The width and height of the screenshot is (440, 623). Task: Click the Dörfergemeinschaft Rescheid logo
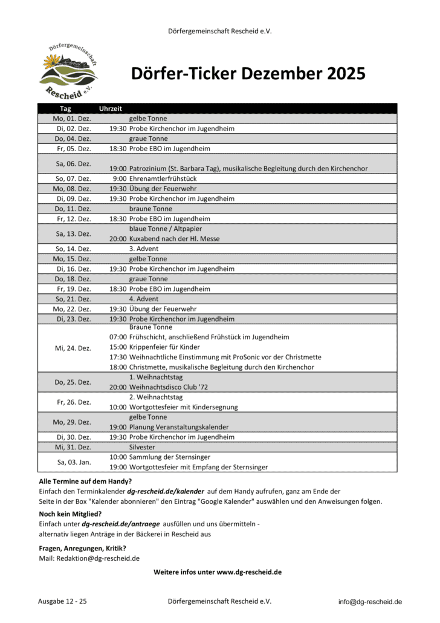[x=68, y=70]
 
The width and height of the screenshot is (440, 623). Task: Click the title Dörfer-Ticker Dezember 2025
[x=248, y=74]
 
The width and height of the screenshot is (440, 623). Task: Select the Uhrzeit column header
[x=110, y=109]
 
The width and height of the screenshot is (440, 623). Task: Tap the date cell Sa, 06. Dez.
[x=74, y=163]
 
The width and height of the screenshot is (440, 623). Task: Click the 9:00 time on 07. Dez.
[x=120, y=178]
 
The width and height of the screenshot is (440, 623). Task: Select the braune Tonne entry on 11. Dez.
[x=148, y=209]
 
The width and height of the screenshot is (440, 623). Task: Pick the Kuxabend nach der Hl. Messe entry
[x=174, y=239]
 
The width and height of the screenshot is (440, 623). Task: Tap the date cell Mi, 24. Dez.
[x=74, y=348]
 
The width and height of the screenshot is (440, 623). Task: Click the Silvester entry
[x=142, y=447]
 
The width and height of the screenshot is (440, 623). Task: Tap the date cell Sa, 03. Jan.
[x=74, y=462]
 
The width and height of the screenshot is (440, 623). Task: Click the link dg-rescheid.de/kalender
[x=165, y=492]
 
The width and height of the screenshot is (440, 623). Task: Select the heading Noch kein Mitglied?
[x=66, y=514]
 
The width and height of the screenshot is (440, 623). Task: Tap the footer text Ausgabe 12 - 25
[x=62, y=601]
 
